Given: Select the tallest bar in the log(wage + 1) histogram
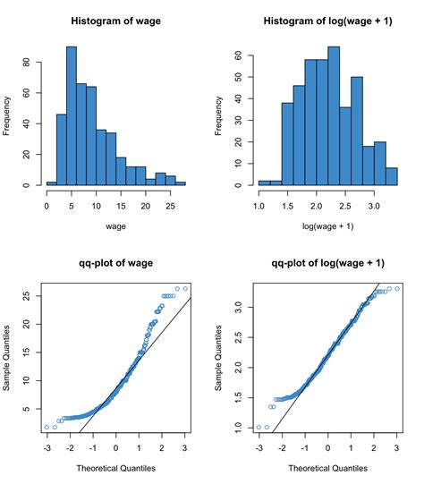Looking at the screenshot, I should [334, 116].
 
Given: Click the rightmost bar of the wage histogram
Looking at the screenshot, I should [181, 183].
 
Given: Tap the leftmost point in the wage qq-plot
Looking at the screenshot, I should [47, 428].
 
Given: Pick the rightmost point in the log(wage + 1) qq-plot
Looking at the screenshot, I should [397, 289].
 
